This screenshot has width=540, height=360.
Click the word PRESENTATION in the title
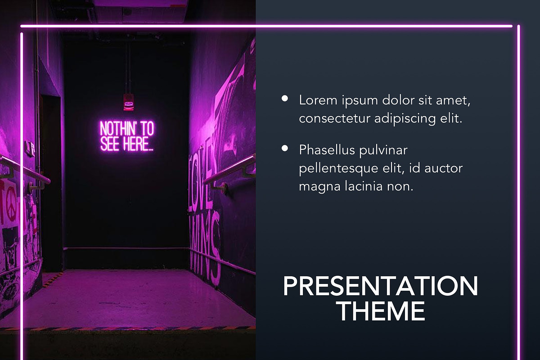tap(380, 286)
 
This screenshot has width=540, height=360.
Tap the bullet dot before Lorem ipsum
tap(285, 98)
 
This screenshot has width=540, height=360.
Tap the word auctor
tap(444, 168)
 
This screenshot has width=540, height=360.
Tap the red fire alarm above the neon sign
tap(129, 101)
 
